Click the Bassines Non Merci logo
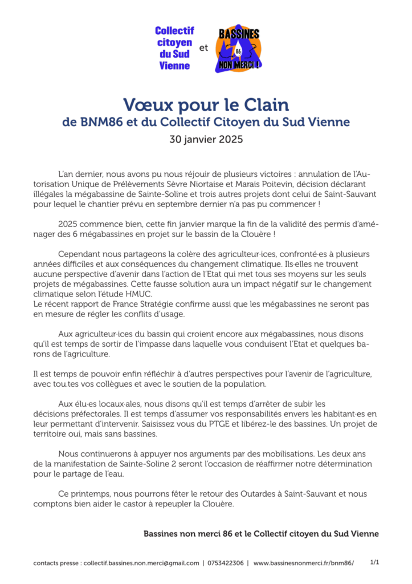238,50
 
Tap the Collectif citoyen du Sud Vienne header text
174,48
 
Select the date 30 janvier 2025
206,139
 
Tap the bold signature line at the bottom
261,534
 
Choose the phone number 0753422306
226,563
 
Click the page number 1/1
375,562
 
